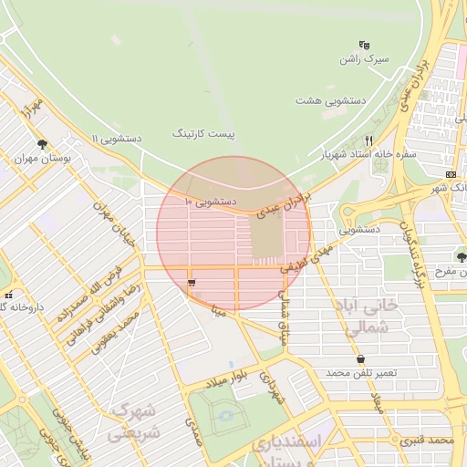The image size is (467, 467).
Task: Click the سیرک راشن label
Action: pos(365,58)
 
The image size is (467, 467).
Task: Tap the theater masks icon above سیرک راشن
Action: pos(365,44)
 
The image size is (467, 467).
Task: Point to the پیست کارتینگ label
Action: pos(203,134)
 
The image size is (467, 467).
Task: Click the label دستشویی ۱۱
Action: pos(115,138)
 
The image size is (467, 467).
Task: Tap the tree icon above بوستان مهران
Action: pos(42,143)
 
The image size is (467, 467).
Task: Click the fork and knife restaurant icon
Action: pos(368,141)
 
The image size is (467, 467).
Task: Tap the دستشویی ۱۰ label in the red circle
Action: pos(211,200)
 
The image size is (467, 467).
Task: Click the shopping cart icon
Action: pos(192,284)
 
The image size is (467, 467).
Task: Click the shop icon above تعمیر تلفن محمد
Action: pos(362,359)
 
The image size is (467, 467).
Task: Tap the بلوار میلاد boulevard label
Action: pos(225,378)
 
